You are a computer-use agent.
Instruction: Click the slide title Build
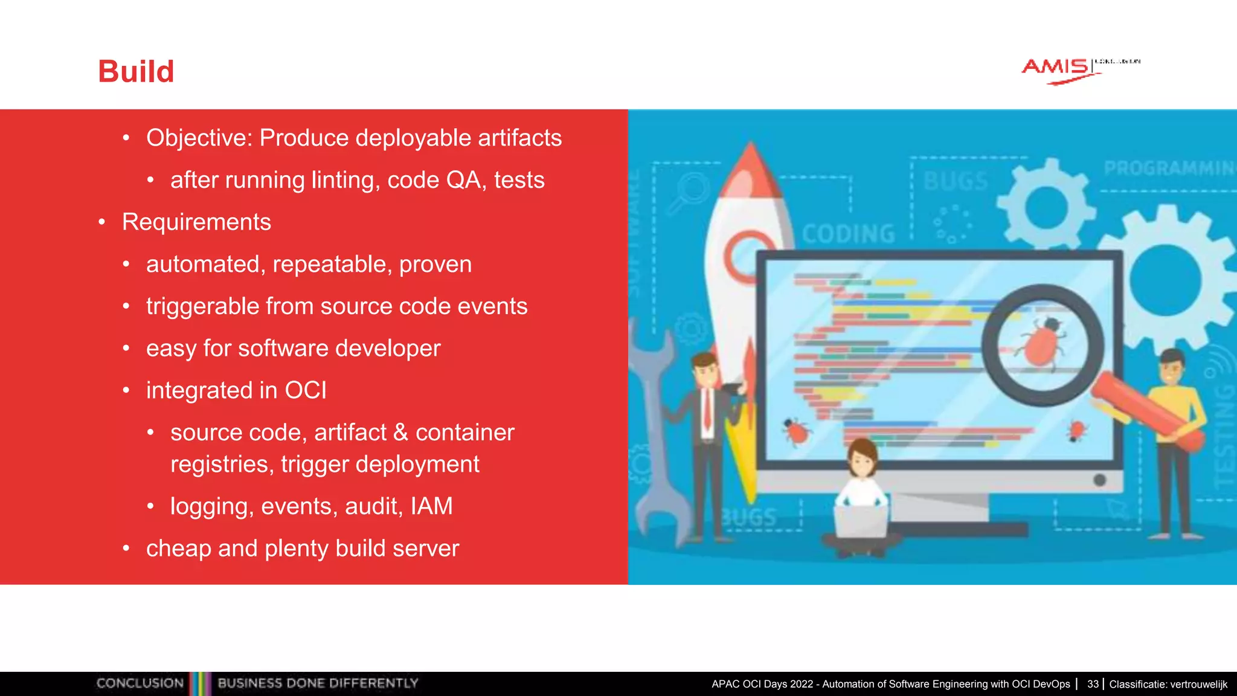coord(136,72)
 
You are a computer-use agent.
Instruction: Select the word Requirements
coord(196,222)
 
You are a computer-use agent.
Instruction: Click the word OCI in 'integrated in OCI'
coord(306,391)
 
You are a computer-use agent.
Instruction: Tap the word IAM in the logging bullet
coord(431,506)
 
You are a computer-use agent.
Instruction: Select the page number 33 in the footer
coord(1093,684)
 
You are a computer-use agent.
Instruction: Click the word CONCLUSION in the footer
coord(140,683)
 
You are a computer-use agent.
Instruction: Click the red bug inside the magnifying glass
coord(1043,344)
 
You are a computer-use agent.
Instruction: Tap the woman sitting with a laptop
coord(861,495)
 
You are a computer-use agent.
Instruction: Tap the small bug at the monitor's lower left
coord(796,431)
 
